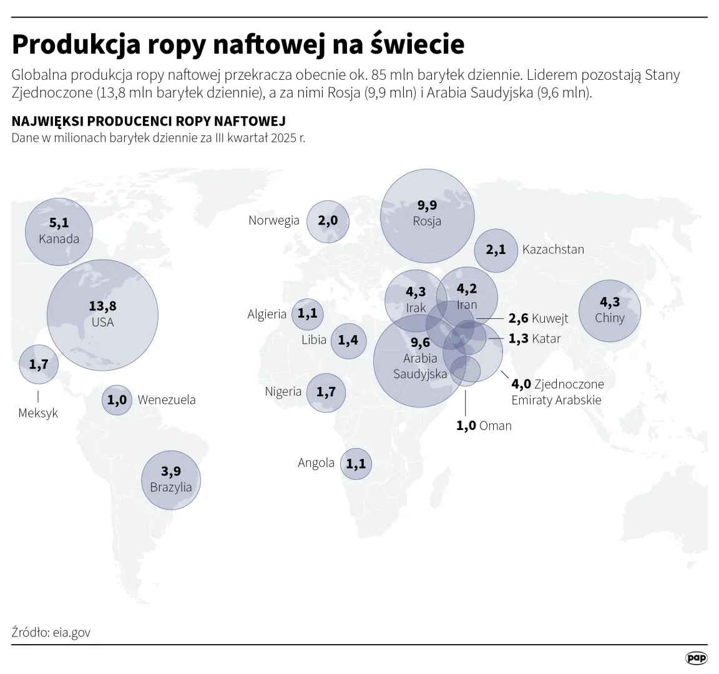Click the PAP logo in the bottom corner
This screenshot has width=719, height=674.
[697, 658]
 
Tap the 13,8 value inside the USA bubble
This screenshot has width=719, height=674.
[102, 306]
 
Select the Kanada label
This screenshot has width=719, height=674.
[59, 239]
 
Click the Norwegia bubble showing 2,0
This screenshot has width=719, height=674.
[328, 221]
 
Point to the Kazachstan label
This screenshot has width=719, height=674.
[553, 250]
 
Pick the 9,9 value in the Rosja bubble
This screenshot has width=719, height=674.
[427, 205]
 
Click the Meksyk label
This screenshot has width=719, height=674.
[38, 413]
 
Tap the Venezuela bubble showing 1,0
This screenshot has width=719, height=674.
[117, 400]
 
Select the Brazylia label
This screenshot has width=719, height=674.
[171, 487]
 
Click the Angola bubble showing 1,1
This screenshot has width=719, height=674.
[356, 464]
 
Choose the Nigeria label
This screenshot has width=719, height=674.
[283, 392]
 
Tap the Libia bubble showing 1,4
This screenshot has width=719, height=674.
[348, 340]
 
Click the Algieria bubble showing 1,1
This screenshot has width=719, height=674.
[307, 313]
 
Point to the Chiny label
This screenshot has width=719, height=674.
[610, 318]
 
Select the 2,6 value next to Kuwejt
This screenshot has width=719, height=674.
[518, 319]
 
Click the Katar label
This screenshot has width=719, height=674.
[546, 339]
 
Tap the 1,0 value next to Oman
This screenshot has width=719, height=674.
[466, 426]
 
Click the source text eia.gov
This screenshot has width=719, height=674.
[72, 632]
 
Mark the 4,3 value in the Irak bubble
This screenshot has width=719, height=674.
[416, 292]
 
